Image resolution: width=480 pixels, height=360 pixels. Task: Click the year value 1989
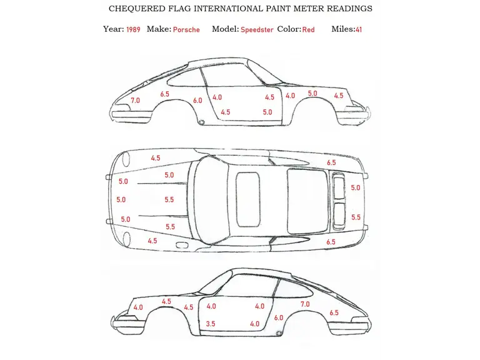(x=133, y=29)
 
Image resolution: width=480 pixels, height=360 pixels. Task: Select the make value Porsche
(x=186, y=29)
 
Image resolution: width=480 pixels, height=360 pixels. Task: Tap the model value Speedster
(x=257, y=30)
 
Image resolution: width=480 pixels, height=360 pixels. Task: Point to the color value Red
(x=308, y=29)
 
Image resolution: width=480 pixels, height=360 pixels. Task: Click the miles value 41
(x=359, y=29)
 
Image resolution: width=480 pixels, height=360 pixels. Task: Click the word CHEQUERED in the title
(x=137, y=9)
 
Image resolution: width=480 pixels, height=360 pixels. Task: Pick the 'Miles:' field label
(x=343, y=29)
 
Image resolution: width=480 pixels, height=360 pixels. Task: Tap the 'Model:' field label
(x=225, y=29)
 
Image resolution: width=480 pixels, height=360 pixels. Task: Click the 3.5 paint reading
(x=211, y=324)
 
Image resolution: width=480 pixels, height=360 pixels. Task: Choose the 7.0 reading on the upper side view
(x=135, y=101)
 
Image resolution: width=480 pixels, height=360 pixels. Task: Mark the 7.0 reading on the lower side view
(x=305, y=304)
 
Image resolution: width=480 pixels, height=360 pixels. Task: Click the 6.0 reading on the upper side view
(x=197, y=101)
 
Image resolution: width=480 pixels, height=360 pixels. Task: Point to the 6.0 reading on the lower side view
(x=279, y=317)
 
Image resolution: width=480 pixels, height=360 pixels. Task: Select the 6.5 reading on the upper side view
(x=165, y=94)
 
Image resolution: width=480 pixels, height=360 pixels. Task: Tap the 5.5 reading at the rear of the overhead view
(x=356, y=217)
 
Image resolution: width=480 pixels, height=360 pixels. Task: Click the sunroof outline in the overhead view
(x=248, y=199)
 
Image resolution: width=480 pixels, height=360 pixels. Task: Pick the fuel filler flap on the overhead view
(x=183, y=245)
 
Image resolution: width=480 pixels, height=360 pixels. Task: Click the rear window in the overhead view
(x=307, y=201)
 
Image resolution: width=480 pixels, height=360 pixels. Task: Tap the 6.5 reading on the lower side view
(x=334, y=312)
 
